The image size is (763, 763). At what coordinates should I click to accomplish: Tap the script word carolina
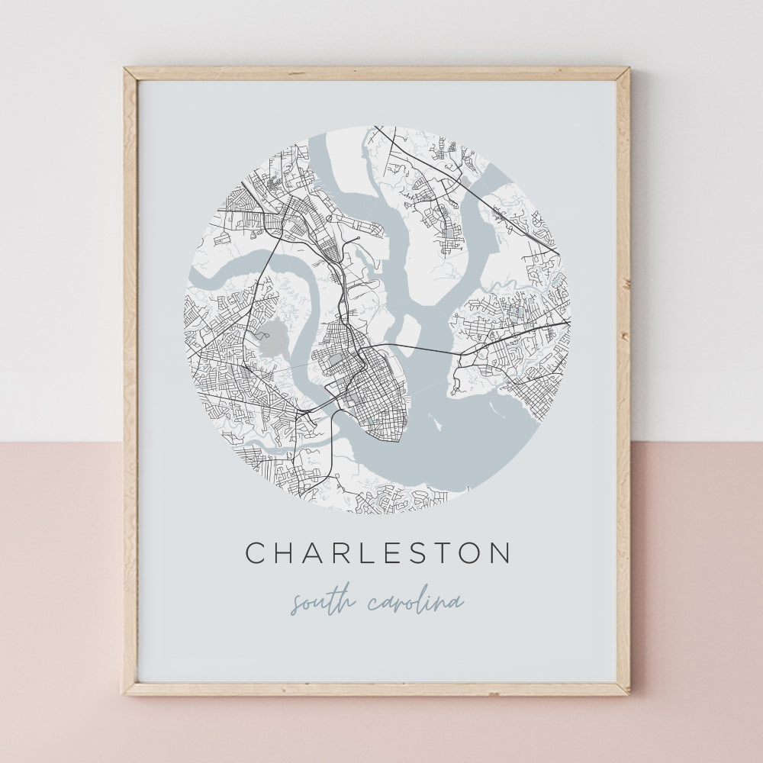coord(415,604)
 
